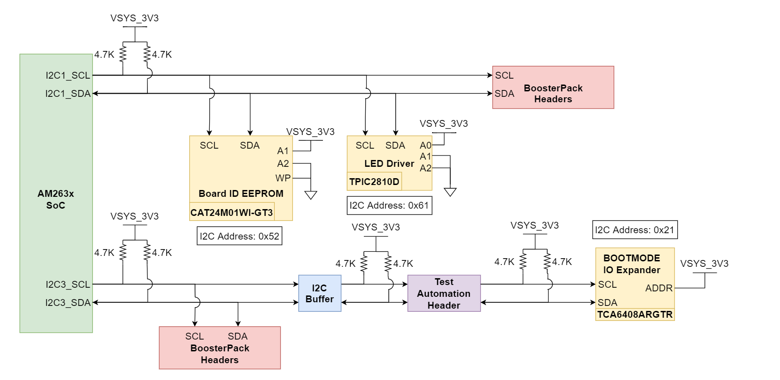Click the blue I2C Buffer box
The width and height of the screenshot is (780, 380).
tap(319, 293)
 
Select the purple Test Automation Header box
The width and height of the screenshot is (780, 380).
tap(443, 293)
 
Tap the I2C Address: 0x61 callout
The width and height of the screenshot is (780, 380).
tap(389, 205)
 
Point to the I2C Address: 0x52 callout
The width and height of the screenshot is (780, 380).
tap(239, 236)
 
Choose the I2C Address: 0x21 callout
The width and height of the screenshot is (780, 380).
tap(634, 230)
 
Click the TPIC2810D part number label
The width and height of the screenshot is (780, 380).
tap(374, 182)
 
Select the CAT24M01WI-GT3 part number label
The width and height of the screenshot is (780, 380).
tap(231, 212)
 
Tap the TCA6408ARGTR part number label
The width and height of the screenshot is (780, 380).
tap(634, 315)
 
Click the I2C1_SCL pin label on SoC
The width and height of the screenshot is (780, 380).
tap(68, 75)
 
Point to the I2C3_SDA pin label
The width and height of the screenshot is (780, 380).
tap(68, 303)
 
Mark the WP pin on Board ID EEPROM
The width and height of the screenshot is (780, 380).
tap(282, 178)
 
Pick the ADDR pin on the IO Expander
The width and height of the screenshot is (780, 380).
tap(658, 288)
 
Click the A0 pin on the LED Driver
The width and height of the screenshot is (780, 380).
tap(425, 145)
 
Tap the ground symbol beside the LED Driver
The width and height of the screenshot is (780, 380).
tap(450, 192)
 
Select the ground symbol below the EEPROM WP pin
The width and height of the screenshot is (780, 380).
tap(311, 195)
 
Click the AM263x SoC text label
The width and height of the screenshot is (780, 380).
tap(55, 199)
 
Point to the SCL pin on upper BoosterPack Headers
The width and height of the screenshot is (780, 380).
tap(504, 75)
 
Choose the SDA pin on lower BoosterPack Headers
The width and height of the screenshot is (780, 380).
tap(237, 336)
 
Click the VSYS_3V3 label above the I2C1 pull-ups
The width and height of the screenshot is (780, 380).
tap(134, 18)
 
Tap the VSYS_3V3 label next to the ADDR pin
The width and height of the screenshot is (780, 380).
tap(704, 264)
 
